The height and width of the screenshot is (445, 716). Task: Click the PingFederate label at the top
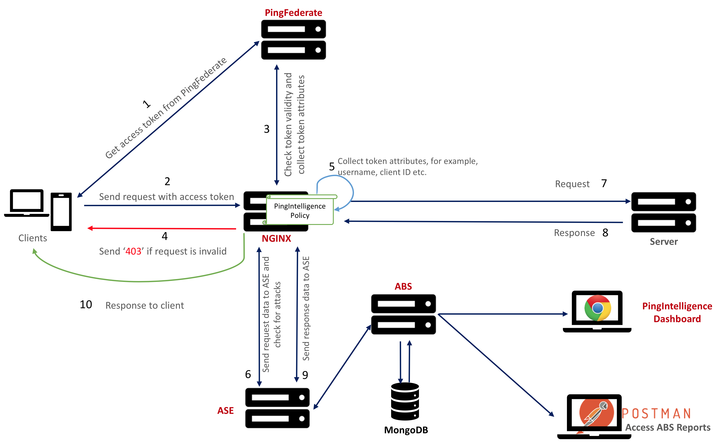click(x=293, y=13)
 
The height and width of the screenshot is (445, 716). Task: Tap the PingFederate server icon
click(x=293, y=40)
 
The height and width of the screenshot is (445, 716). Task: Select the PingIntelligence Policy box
click(x=300, y=210)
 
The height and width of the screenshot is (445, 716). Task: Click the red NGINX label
click(x=276, y=238)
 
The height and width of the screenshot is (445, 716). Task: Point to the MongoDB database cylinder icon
click(x=405, y=401)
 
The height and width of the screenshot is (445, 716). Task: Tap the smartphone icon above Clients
click(x=61, y=212)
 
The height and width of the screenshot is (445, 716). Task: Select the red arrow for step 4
click(x=162, y=228)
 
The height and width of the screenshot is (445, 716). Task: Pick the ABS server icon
click(x=403, y=314)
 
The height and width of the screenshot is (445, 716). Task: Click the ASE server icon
click(x=277, y=408)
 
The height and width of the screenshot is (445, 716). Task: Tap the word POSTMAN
click(x=657, y=413)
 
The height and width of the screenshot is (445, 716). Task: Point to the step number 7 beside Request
click(x=604, y=183)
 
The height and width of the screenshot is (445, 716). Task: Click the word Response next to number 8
click(x=574, y=233)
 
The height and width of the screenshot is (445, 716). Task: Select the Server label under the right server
click(x=664, y=242)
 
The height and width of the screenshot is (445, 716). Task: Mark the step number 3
click(x=267, y=129)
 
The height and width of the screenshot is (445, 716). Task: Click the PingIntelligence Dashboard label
click(x=677, y=312)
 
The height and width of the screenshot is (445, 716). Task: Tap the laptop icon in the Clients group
click(x=27, y=203)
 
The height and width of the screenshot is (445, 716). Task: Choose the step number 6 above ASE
click(x=248, y=374)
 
